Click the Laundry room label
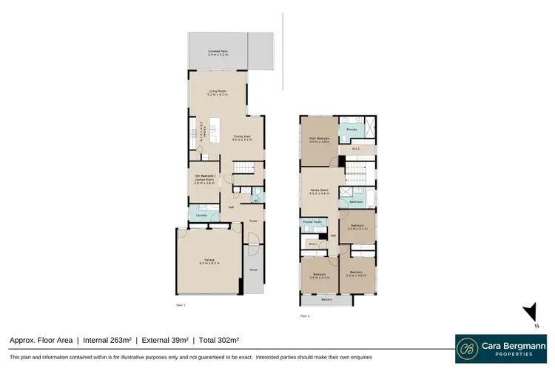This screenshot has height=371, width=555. point(201,215)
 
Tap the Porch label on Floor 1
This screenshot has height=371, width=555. point(254,270)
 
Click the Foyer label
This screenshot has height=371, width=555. point(252,221)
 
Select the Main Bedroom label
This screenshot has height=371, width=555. point(319,138)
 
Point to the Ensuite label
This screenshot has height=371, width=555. point(352,130)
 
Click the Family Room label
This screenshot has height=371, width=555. point(319,191)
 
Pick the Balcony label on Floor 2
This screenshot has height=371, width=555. point(327,299)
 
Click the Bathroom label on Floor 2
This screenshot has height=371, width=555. point(356,201)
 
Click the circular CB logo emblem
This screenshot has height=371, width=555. point(468,349)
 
